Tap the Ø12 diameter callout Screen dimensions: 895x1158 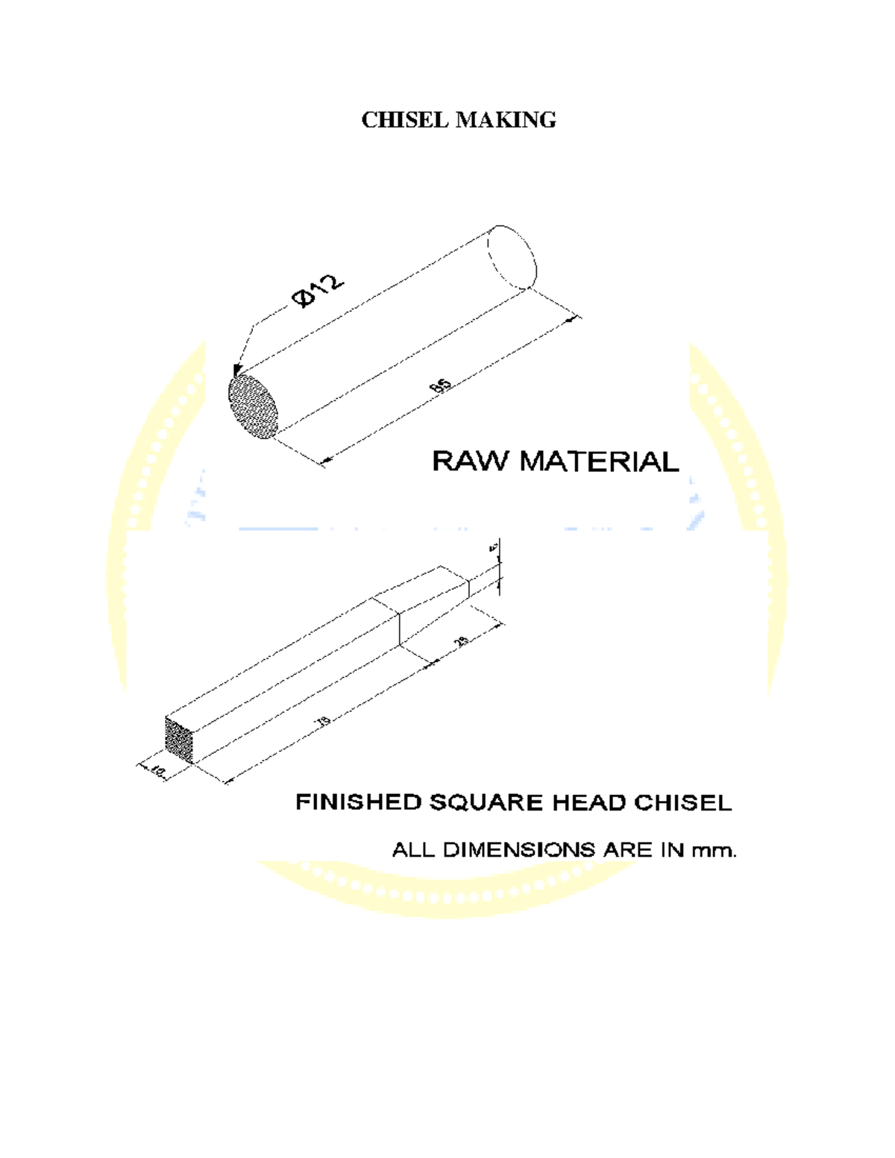(x=319, y=291)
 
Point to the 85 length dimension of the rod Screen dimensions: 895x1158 (x=441, y=386)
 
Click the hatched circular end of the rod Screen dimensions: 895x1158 (x=253, y=406)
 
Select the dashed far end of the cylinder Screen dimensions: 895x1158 (x=512, y=256)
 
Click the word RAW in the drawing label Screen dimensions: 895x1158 (x=471, y=461)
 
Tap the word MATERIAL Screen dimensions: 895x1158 (x=599, y=461)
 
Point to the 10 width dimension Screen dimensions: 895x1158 (x=157, y=770)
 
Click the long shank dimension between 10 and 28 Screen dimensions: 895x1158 (x=323, y=720)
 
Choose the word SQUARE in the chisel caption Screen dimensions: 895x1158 (x=486, y=802)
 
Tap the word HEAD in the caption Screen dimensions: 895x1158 (x=589, y=802)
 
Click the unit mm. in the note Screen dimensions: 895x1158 (x=715, y=849)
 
